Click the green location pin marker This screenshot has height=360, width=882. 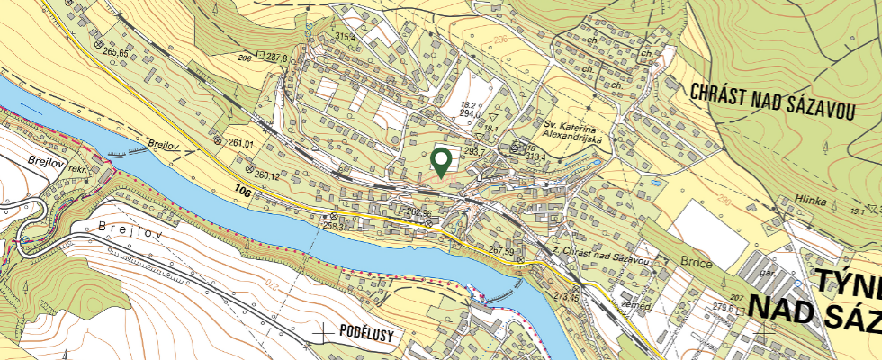[441, 162]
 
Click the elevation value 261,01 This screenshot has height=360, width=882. [241, 143]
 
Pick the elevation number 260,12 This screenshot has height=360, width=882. [267, 175]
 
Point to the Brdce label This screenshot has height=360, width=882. [697, 264]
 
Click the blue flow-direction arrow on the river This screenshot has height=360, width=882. [32, 104]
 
